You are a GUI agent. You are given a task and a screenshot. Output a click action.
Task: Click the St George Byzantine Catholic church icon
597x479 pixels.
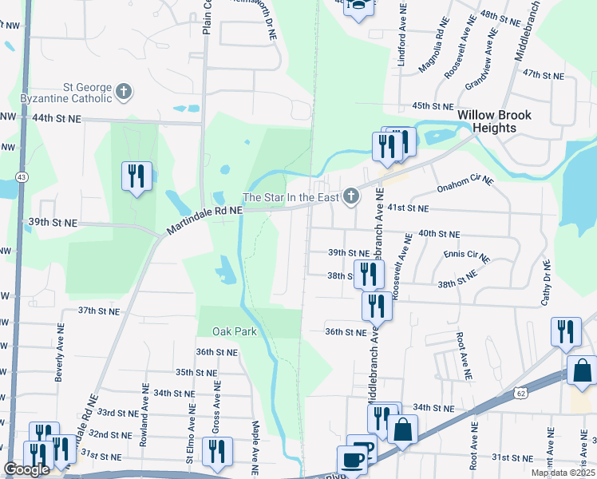point(123,93)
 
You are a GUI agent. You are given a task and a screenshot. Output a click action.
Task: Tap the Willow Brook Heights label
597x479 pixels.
point(494,121)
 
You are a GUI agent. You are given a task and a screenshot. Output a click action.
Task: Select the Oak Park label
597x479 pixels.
point(234,331)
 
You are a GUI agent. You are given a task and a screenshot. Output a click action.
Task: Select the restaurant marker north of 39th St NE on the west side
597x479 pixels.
point(135,176)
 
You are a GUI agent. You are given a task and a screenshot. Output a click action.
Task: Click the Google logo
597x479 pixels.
point(26,469)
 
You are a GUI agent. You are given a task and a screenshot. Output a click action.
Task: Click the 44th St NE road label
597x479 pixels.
point(57,118)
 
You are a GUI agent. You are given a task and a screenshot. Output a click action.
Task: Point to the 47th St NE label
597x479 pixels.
point(543,74)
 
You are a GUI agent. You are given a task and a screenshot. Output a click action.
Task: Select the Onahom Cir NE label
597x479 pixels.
point(465,186)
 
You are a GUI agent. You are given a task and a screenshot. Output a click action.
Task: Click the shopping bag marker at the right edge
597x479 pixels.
point(582,371)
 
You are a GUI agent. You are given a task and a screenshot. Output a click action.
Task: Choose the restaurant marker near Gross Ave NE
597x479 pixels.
point(216,451)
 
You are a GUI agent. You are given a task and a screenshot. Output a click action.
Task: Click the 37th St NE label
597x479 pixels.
point(98,310)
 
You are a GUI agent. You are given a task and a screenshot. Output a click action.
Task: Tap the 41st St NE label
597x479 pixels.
point(408,208)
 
